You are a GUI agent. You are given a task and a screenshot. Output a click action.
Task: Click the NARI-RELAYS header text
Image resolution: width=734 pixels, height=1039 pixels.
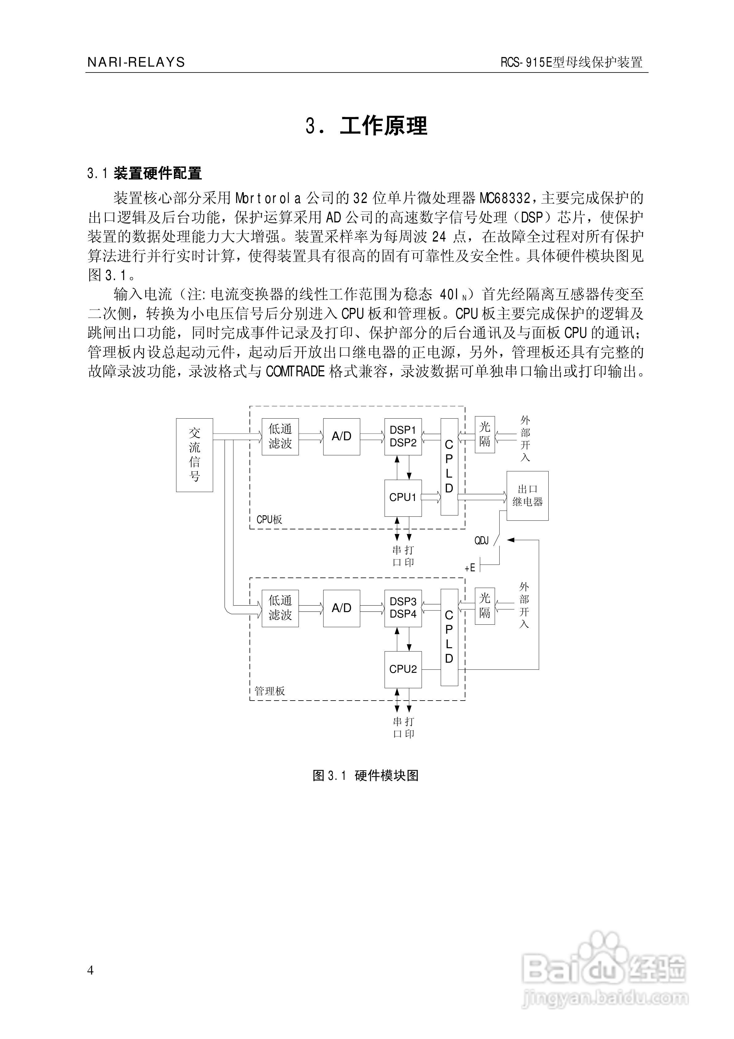[136, 62]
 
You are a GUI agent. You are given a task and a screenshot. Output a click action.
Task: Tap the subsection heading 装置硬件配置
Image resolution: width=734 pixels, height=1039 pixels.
[158, 173]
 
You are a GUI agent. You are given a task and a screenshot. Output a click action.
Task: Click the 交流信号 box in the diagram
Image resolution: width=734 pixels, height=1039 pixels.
[194, 454]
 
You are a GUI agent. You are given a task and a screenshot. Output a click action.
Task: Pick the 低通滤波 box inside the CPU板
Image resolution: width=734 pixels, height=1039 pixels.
[280, 436]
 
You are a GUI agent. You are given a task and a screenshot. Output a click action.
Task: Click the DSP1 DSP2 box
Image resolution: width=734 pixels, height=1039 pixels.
[403, 436]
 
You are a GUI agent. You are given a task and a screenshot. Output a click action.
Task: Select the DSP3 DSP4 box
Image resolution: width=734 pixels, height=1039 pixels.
[403, 608]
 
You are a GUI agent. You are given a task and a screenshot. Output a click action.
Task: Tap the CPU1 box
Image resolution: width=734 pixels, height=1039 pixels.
[403, 497]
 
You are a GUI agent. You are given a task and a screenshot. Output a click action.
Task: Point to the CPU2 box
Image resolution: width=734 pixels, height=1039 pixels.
[403, 669]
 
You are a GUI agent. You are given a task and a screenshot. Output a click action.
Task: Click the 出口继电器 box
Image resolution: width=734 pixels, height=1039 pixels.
[527, 495]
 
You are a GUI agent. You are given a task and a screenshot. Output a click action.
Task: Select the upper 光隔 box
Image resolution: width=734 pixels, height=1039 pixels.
[485, 434]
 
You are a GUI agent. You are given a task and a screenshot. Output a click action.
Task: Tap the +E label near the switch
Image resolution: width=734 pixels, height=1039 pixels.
[470, 568]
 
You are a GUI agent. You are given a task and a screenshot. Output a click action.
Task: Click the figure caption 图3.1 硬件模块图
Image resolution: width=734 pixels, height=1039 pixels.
[366, 776]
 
